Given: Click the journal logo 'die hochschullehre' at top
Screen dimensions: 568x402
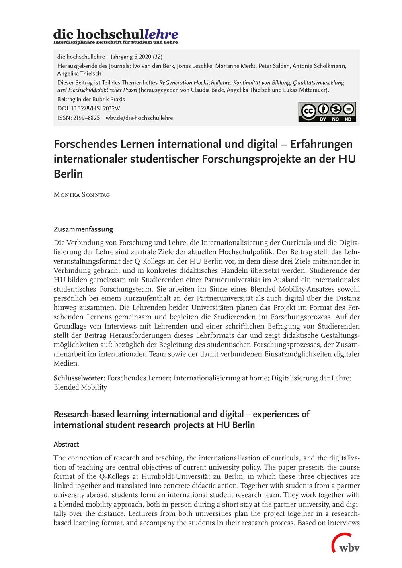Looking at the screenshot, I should click(115, 34).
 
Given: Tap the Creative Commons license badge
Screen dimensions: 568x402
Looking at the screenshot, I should click(327, 112).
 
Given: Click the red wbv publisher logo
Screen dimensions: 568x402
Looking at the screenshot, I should click(346, 543).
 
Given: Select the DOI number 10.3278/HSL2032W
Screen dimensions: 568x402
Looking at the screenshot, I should click(95, 108).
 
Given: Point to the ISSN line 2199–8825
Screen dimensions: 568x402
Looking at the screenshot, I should click(78, 118).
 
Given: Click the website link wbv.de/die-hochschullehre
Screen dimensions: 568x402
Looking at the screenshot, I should click(139, 118).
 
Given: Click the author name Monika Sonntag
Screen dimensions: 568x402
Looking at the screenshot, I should click(82, 195).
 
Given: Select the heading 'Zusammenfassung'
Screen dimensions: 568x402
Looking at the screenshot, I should click(83, 229).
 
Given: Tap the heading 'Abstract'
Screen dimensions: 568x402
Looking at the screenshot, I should click(66, 444).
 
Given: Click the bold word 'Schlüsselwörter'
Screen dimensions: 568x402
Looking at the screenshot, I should click(79, 378).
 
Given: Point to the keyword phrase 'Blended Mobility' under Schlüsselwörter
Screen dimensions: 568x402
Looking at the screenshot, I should click(80, 387).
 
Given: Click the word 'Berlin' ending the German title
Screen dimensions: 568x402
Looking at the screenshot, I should click(68, 174).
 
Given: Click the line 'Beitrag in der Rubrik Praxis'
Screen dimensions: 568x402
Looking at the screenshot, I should click(91, 99).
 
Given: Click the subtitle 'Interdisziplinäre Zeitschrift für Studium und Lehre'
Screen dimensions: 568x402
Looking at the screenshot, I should click(115, 42).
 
